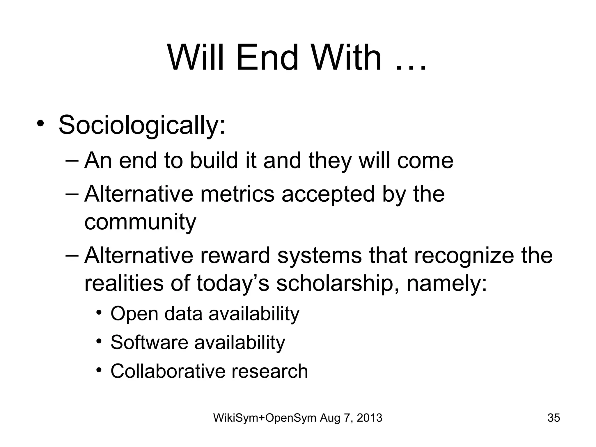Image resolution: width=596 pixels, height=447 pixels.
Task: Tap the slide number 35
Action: click(x=554, y=418)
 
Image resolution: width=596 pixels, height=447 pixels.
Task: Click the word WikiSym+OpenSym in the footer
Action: click(x=265, y=418)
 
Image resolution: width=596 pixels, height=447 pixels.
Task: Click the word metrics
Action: click(x=237, y=194)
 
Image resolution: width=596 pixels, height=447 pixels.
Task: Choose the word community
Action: click(x=140, y=222)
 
